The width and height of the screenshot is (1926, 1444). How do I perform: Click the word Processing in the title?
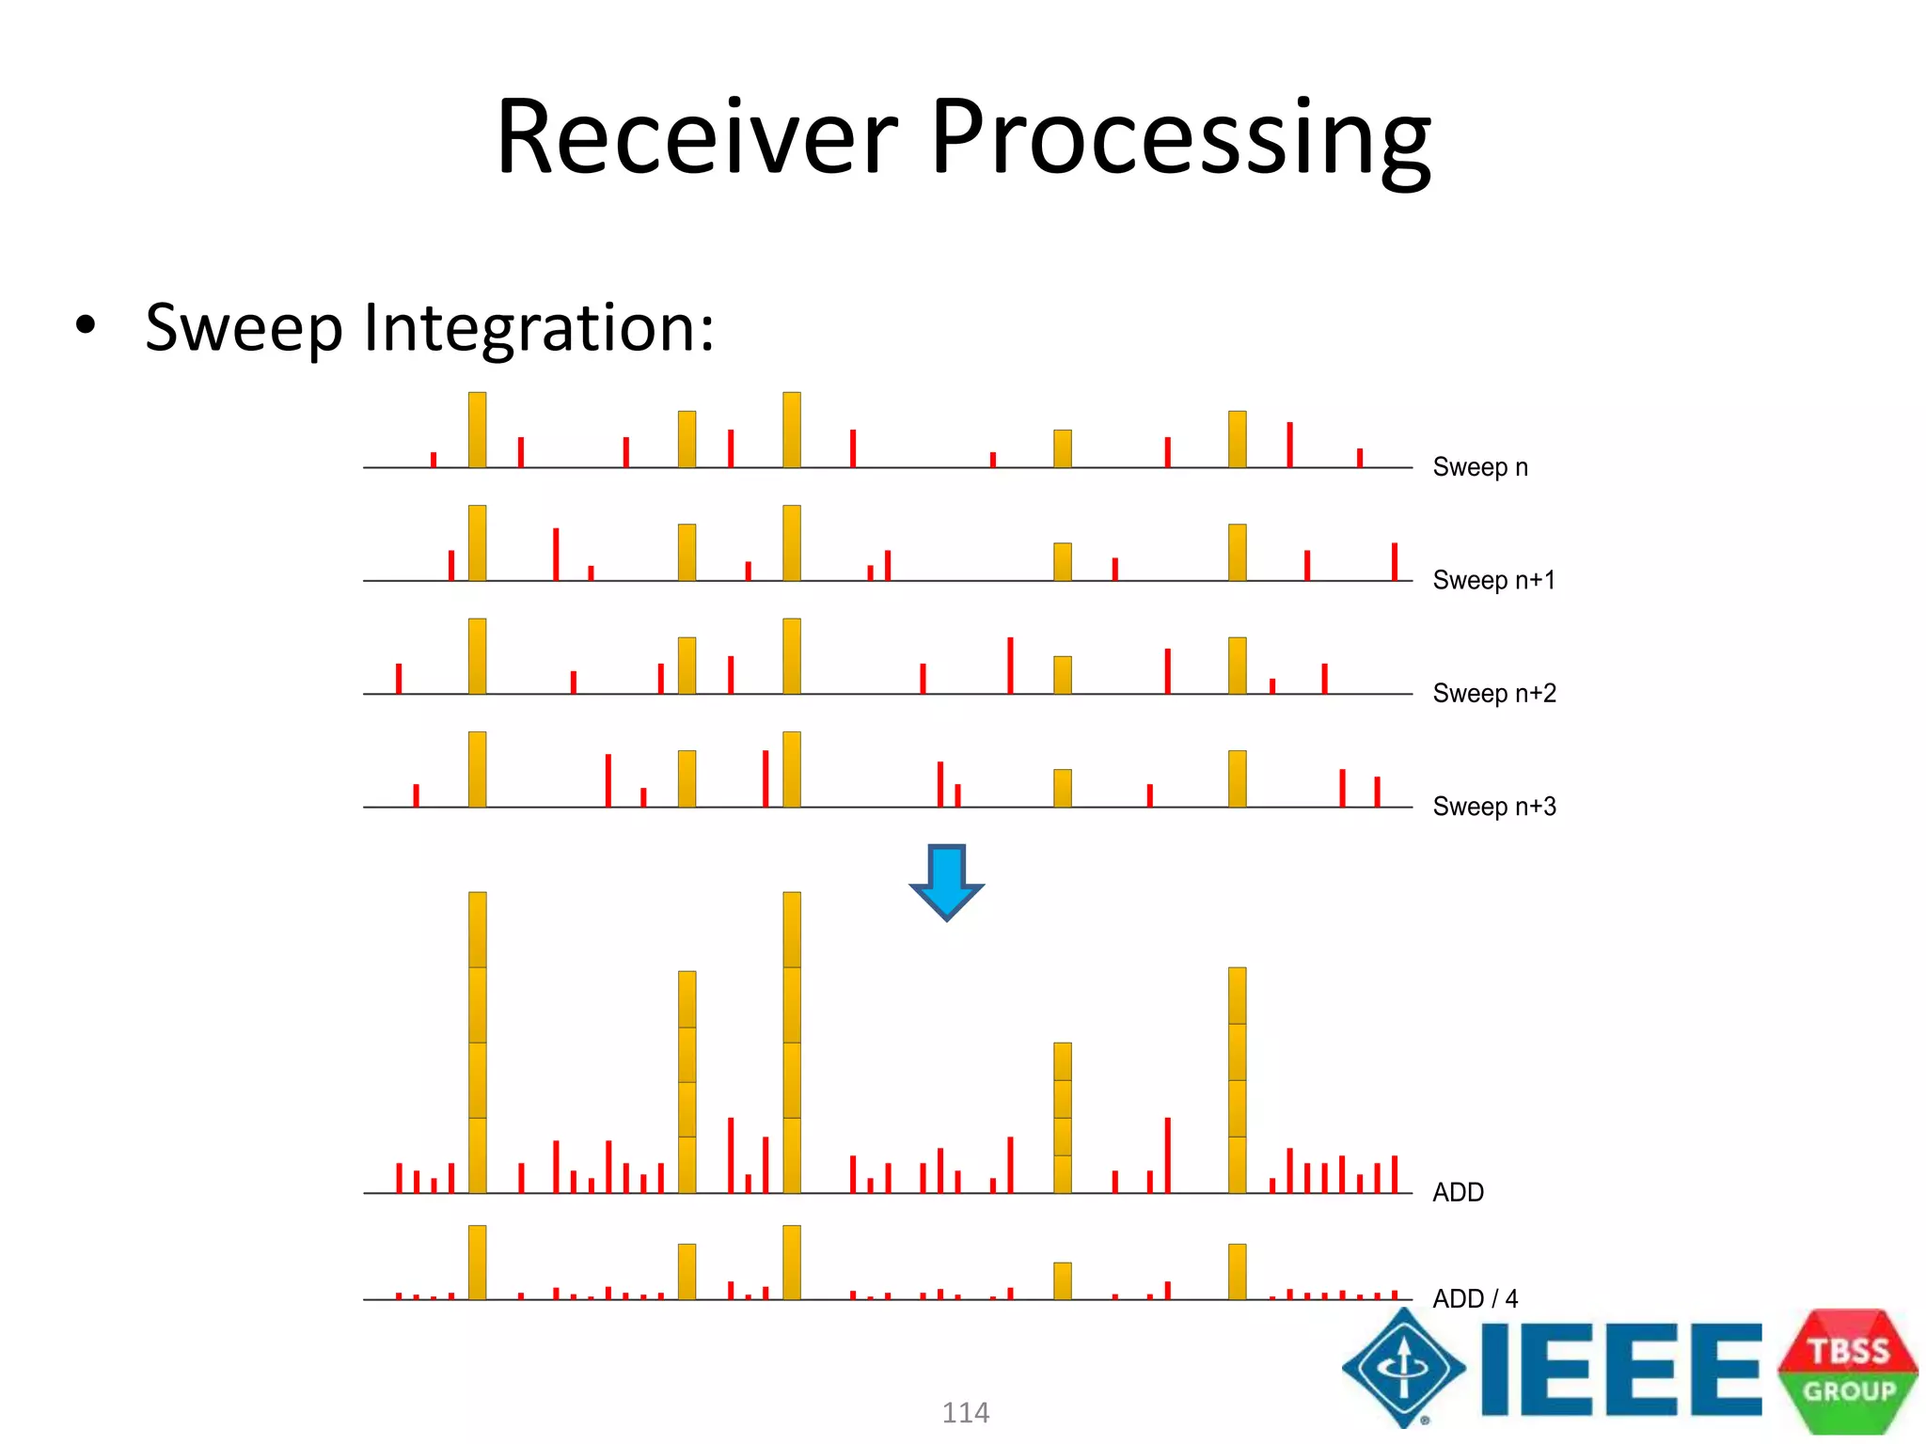tap(1180, 141)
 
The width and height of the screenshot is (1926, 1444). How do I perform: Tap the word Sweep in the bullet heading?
tap(245, 329)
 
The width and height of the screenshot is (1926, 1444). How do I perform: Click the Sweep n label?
tap(1479, 467)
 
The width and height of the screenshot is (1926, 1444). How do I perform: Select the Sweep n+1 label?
tap(1493, 580)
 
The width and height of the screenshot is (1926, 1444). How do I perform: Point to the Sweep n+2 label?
tap(1493, 694)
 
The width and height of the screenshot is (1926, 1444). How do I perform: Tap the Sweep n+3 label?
tap(1493, 807)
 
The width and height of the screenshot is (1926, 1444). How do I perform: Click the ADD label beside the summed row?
tap(1458, 1192)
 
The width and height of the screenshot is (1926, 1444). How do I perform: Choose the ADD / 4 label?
tap(1474, 1298)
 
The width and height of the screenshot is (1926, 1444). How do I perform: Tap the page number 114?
tap(965, 1412)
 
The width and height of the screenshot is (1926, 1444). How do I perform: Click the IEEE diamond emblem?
tap(1403, 1368)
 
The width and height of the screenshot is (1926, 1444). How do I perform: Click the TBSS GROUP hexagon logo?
tap(1847, 1371)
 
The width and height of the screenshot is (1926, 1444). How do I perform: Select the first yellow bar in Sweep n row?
tap(477, 430)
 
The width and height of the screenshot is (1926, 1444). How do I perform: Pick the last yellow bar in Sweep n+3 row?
tap(1237, 778)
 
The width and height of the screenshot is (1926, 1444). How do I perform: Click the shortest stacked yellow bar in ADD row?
tap(1062, 1117)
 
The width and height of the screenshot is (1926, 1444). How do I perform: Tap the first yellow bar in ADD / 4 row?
tap(477, 1262)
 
